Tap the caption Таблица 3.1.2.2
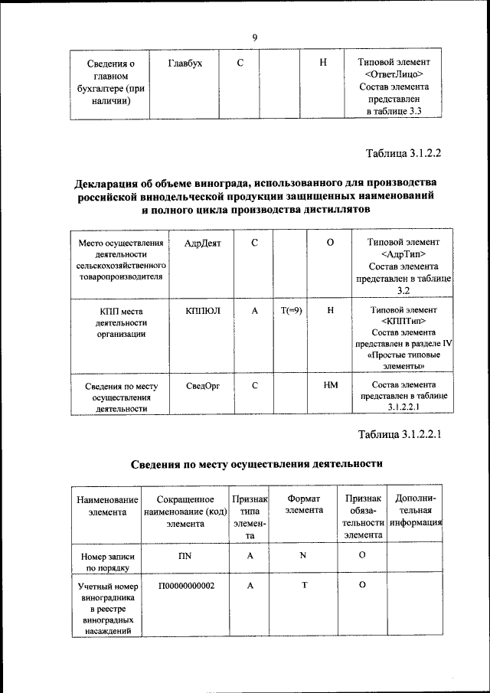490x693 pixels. point(404,152)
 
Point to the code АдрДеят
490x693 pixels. point(202,243)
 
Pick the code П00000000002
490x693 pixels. point(186,585)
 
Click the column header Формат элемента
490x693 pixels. point(304,504)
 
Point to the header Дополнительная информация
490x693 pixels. point(415,511)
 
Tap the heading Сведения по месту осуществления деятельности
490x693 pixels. point(255,464)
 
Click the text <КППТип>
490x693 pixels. point(403,321)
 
